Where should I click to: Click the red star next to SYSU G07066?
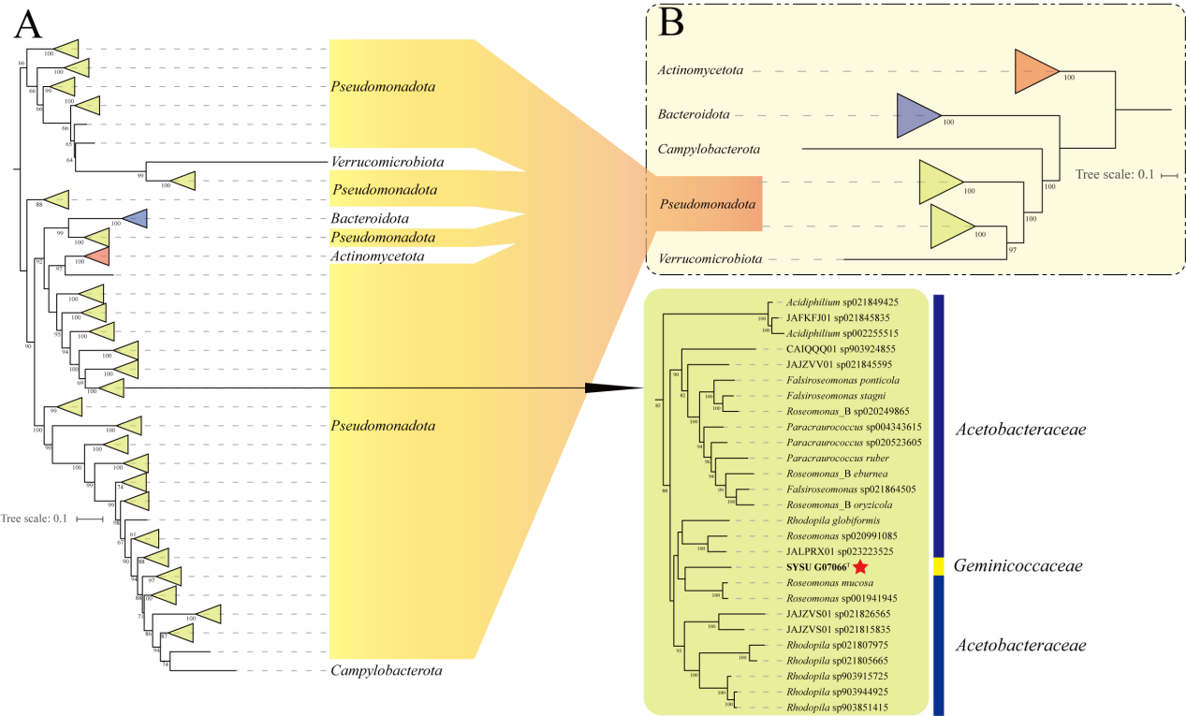click(860, 567)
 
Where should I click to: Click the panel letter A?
click(29, 27)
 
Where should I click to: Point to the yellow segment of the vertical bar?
click(939, 566)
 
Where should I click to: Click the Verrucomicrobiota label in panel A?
click(387, 161)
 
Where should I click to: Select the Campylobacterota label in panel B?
click(708, 149)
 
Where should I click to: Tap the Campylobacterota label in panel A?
click(386, 671)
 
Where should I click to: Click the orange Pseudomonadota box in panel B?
click(708, 203)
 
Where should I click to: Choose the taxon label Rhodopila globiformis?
click(833, 520)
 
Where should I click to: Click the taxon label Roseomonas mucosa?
click(829, 582)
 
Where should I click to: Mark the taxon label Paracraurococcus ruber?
click(838, 458)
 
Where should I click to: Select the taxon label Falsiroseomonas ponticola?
click(842, 380)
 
